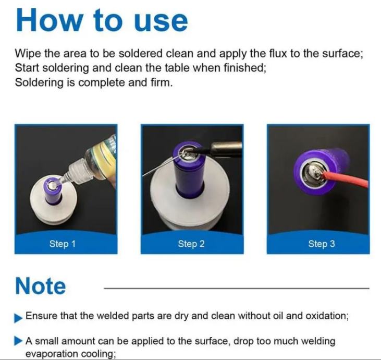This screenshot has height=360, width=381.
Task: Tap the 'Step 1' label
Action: pyautogui.click(x=63, y=244)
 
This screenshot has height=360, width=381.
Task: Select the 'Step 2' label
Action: pyautogui.click(x=191, y=244)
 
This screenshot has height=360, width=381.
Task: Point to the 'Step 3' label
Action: pyautogui.click(x=322, y=244)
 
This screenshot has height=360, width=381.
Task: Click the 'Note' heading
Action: pyautogui.click(x=40, y=286)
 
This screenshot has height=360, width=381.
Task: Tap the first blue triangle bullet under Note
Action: pyautogui.click(x=18, y=318)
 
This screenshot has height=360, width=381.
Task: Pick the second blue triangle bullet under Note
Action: pyautogui.click(x=18, y=341)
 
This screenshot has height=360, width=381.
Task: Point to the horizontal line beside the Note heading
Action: pyautogui.click(x=237, y=288)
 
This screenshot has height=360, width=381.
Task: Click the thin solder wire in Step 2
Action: pyautogui.click(x=161, y=166)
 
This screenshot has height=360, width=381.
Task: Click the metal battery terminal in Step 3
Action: pyautogui.click(x=313, y=174)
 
